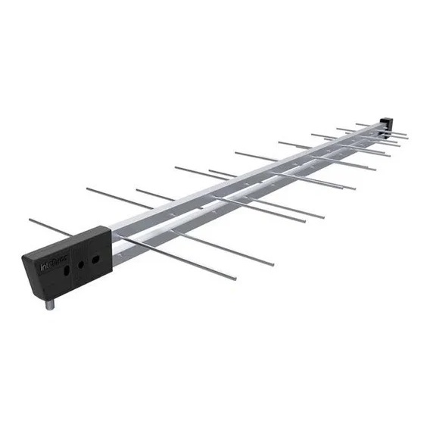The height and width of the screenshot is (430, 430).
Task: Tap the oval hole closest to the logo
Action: pyautogui.click(x=67, y=266)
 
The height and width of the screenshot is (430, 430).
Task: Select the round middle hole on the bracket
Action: pyautogui.click(x=81, y=264)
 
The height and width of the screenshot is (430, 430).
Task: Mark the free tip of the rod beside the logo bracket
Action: pyautogui.click(x=30, y=220)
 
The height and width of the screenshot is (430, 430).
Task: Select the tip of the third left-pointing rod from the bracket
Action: pyautogui.click(x=137, y=190)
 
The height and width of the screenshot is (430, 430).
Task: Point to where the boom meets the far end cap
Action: pyautogui.click(x=379, y=129)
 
